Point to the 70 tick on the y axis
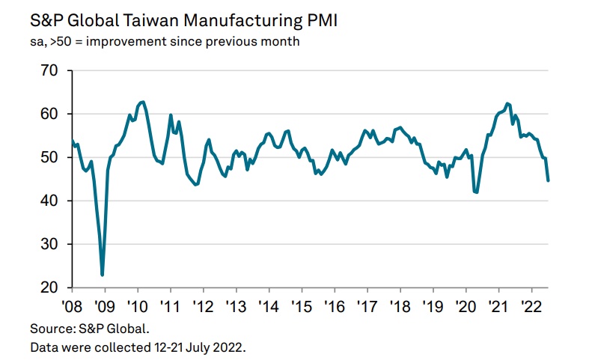(x=49, y=70)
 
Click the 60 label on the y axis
(x=49, y=114)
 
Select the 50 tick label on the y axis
(x=49, y=157)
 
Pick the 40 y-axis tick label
(x=49, y=201)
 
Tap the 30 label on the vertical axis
(x=49, y=244)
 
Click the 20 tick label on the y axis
(x=49, y=288)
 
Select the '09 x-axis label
(x=104, y=307)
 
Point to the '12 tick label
(x=203, y=307)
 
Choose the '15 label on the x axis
(x=302, y=307)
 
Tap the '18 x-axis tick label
(x=400, y=307)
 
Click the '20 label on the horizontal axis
(x=466, y=307)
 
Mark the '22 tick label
(x=531, y=307)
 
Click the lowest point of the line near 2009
(x=103, y=275)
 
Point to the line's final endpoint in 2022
(x=548, y=180)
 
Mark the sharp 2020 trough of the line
(x=476, y=192)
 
